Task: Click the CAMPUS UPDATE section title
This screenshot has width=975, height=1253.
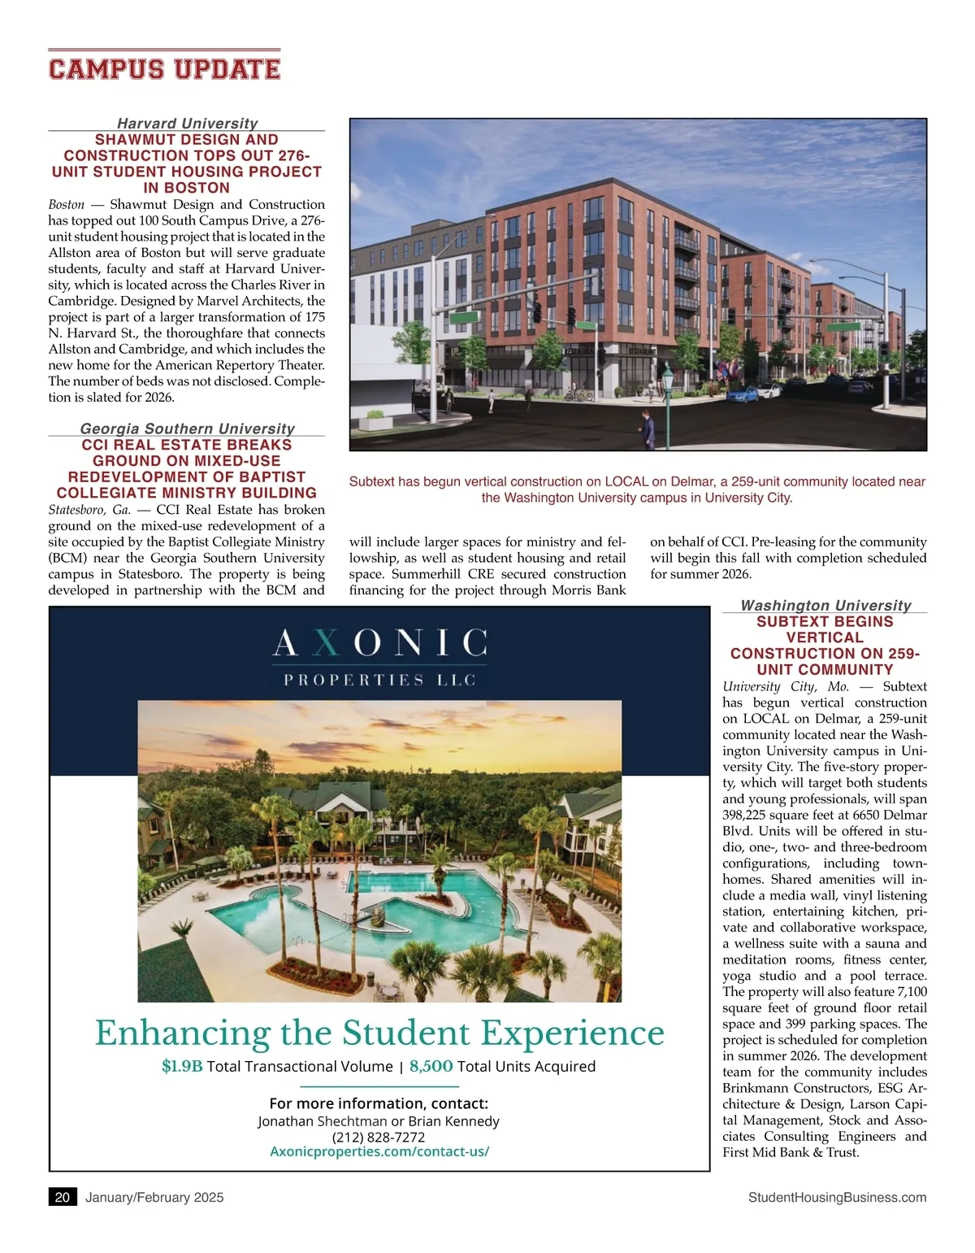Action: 164,69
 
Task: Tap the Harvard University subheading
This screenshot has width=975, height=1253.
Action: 187,124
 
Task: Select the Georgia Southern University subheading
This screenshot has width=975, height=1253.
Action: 187,429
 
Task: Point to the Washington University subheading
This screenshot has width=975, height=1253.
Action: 825,605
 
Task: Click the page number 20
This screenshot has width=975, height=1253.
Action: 63,1197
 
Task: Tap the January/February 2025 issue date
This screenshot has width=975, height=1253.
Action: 154,1197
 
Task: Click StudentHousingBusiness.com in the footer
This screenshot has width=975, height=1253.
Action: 837,1197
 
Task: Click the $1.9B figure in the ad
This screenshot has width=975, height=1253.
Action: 182,1066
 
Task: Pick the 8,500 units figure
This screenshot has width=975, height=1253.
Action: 431,1066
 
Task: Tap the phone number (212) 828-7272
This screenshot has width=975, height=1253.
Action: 379,1137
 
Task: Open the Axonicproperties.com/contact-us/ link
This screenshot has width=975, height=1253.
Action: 379,1151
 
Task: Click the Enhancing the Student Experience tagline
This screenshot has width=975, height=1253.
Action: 379,1033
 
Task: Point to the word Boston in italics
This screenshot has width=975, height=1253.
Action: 67,205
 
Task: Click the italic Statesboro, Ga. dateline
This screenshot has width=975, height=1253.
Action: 89,510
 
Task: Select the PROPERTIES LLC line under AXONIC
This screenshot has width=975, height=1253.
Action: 379,680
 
